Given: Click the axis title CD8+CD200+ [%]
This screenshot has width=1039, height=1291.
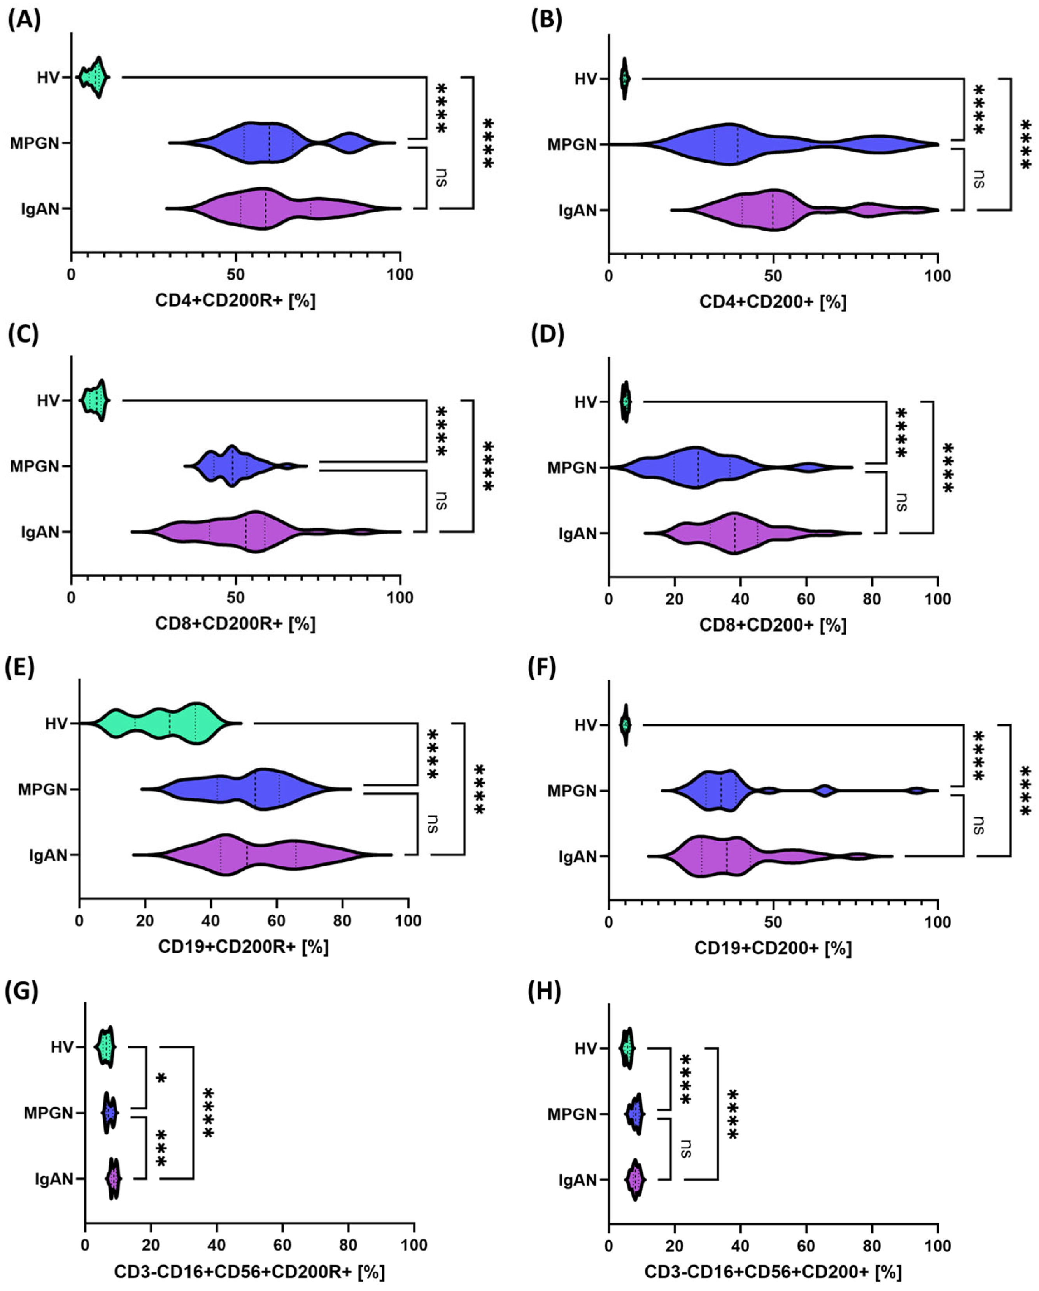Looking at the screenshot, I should [773, 625].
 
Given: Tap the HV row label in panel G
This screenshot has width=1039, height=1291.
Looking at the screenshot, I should [62, 1047].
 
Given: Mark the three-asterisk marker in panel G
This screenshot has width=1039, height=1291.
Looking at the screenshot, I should [161, 1149].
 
